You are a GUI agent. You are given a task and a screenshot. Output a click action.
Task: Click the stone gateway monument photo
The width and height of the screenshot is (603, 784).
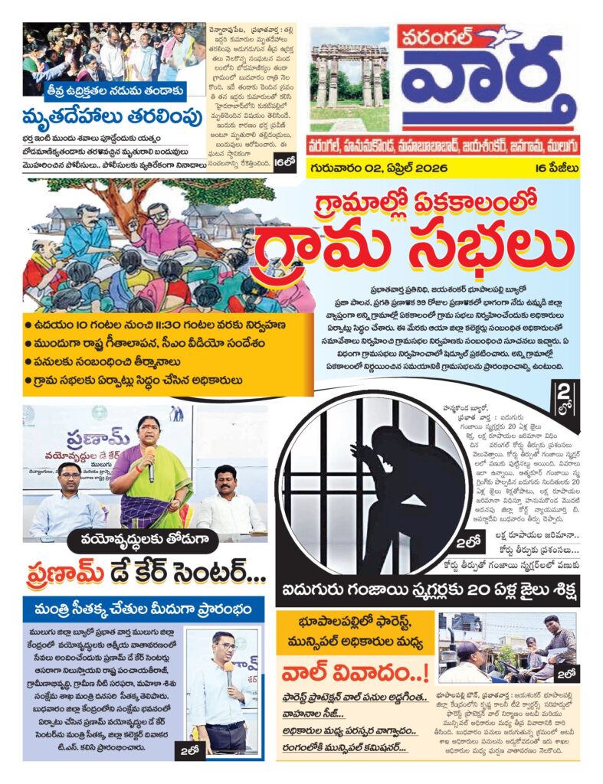[x=349, y=77]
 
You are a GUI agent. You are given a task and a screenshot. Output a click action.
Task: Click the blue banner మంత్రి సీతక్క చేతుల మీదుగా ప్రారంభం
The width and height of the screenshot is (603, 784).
[x=144, y=610]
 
